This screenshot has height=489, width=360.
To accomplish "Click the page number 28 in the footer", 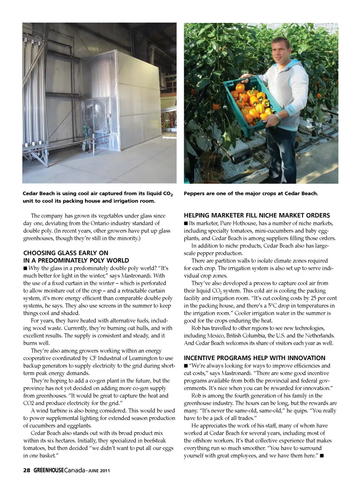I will (x=26, y=471).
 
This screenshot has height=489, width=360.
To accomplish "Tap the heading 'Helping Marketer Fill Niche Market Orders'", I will (x=257, y=215).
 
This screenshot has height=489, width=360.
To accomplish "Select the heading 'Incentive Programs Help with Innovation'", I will (x=254, y=358).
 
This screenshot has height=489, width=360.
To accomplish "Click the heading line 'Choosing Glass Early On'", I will (x=66, y=253).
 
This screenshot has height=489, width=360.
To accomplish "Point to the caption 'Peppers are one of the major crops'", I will (x=250, y=193).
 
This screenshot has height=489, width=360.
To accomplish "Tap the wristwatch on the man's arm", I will (x=278, y=117).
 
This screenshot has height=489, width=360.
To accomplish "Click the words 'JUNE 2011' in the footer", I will (x=99, y=471).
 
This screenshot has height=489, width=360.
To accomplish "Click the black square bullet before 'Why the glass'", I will (x=25, y=268).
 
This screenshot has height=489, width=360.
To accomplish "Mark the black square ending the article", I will (x=322, y=456).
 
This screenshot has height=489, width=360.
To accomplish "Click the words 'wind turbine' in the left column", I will (x=54, y=411).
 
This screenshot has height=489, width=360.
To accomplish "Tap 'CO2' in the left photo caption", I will (x=168, y=194).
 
